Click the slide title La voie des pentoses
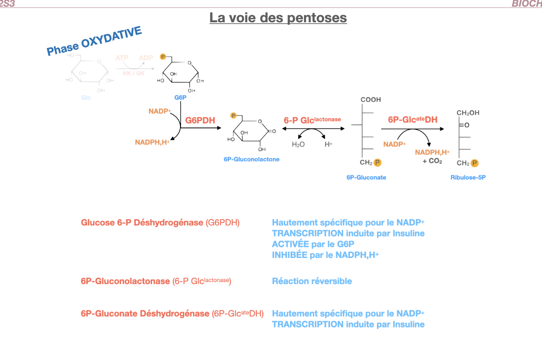pos(278,18)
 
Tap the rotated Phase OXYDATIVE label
pos(94,41)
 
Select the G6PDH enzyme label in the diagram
pos(200,120)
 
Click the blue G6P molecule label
pos(180,97)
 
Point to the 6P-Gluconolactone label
pos(252,159)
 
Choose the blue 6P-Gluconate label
pos(366,177)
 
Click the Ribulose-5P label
pos(468,177)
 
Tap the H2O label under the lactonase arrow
pos(298,144)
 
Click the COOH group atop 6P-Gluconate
pos(371,100)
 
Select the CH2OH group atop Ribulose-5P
pos(468,113)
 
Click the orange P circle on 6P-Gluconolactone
pos(233,116)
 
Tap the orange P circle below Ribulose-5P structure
pos(475,163)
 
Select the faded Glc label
pos(86,97)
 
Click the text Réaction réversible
pos(312,281)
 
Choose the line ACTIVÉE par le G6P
pos(313,244)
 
